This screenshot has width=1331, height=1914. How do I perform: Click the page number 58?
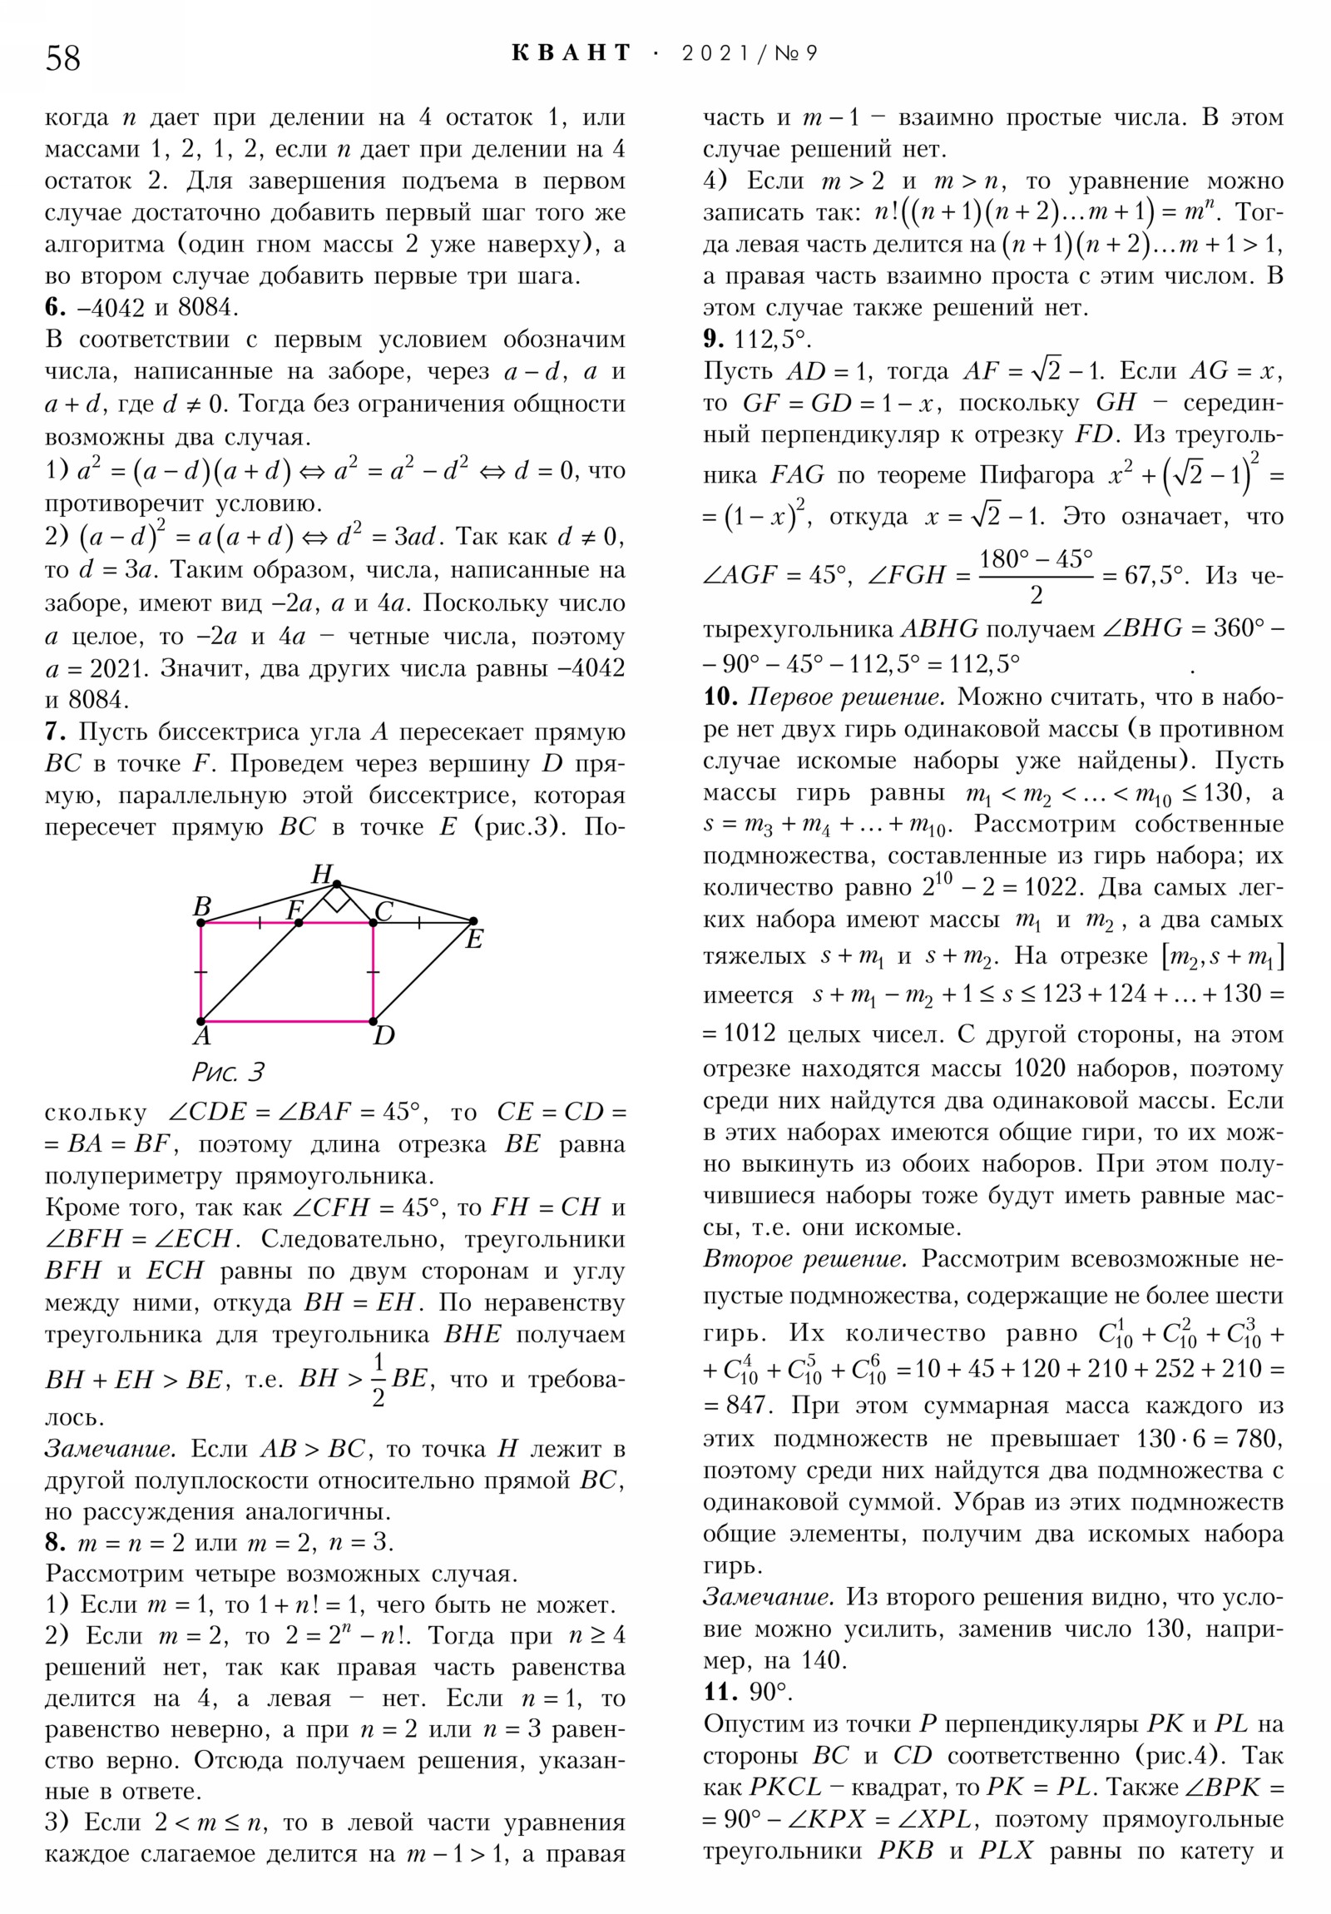pyautogui.click(x=62, y=58)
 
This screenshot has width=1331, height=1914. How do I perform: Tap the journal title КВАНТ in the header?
pyautogui.click(x=571, y=53)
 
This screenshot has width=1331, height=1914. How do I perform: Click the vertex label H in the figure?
pyautogui.click(x=322, y=875)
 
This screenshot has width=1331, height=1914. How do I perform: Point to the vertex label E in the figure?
pyautogui.click(x=474, y=940)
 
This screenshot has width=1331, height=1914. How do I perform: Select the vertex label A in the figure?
pyautogui.click(x=201, y=1036)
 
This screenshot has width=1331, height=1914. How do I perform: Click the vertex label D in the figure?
pyautogui.click(x=383, y=1036)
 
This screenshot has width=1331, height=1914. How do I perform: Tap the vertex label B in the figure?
pyautogui.click(x=201, y=906)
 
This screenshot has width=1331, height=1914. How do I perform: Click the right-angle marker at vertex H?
pyautogui.click(x=337, y=900)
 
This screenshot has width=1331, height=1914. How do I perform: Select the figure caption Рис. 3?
pyautogui.click(x=228, y=1072)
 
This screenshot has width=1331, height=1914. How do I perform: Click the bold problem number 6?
pyautogui.click(x=54, y=308)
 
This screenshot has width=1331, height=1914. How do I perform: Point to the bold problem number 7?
pyautogui.click(x=54, y=732)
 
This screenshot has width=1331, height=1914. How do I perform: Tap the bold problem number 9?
pyautogui.click(x=713, y=340)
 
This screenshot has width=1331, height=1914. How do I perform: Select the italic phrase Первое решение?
pyautogui.click(x=847, y=697)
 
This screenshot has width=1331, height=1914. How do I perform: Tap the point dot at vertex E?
pyautogui.click(x=473, y=921)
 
